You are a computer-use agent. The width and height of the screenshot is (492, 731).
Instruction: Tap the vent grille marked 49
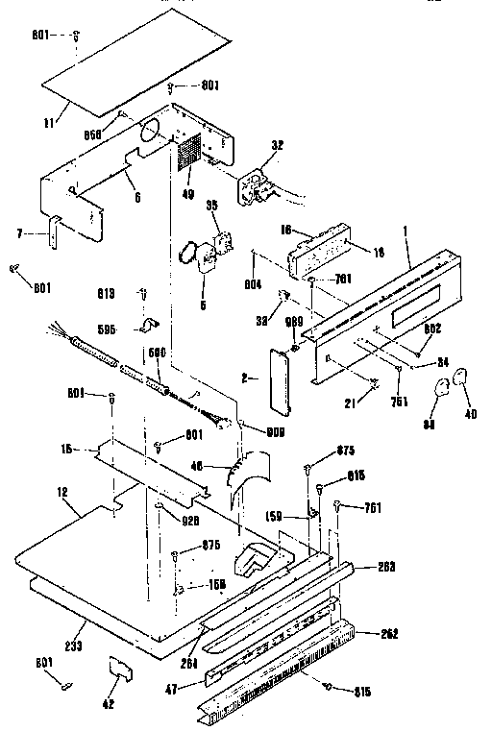[186, 152]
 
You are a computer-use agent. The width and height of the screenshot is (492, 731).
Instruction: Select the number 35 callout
[211, 205]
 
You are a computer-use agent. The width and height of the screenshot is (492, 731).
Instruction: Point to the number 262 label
[388, 634]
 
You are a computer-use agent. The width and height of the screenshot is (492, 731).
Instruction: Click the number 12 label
[62, 493]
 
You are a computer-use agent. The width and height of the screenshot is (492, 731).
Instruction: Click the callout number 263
[386, 567]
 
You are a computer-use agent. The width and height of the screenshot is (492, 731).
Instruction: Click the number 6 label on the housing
[137, 197]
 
